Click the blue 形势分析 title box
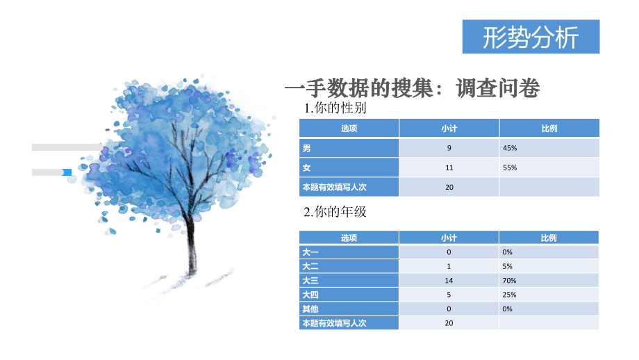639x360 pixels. pos(531,38)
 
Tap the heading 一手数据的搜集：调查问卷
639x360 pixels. pos(413,88)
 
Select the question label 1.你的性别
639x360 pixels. pos(335,108)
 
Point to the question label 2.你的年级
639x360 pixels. pos(335,212)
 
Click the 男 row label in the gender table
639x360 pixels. pos(306,148)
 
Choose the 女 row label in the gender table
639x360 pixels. pos(306,167)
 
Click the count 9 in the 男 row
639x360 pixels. pos(449,148)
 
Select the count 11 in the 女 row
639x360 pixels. pos(449,167)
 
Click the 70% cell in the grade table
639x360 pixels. pos(510,280)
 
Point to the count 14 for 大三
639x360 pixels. pos(449,280)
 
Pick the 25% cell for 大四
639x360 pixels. pos(510,295)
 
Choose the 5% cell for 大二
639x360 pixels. pos(508,266)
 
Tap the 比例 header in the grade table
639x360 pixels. pos(549,238)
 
